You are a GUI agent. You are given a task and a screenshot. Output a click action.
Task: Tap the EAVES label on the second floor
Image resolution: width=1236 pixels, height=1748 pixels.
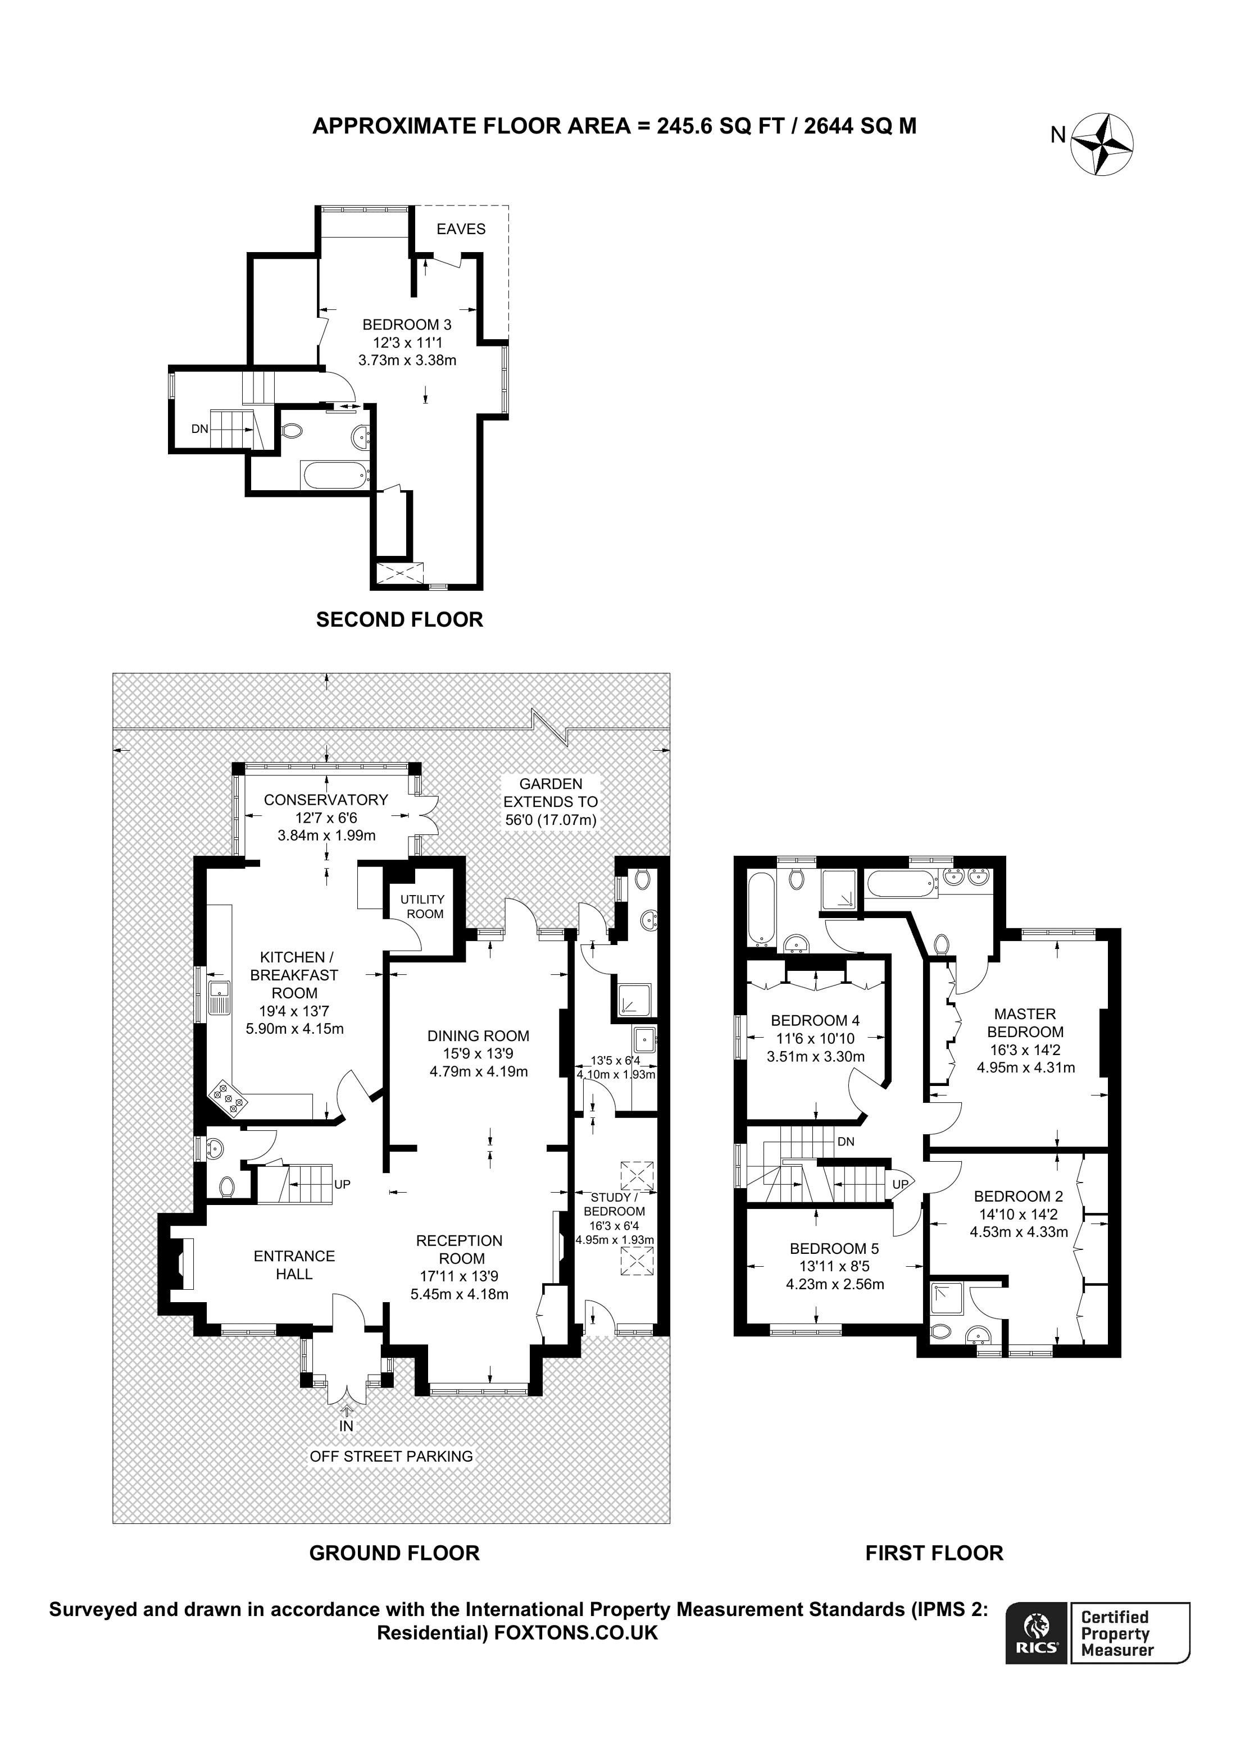(461, 229)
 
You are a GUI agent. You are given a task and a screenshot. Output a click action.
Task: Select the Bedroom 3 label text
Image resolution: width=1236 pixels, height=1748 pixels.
(407, 325)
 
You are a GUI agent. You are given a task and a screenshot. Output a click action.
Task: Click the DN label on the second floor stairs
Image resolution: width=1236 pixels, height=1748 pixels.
(199, 428)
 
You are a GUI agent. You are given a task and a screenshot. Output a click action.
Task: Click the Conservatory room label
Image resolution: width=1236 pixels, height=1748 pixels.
(326, 800)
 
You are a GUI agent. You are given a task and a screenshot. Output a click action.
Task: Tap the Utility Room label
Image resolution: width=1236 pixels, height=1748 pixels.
(422, 906)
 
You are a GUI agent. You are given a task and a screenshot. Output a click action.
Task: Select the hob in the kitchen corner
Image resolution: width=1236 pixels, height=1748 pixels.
(229, 1098)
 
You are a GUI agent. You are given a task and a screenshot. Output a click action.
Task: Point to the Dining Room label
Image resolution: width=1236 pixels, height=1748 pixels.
(478, 1035)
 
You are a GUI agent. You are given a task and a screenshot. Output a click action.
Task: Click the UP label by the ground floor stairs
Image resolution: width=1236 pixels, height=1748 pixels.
(342, 1185)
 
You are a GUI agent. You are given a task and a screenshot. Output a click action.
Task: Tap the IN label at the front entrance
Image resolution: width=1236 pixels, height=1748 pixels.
(347, 1426)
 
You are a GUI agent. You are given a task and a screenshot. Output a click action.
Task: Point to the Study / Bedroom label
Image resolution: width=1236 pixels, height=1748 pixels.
(614, 1204)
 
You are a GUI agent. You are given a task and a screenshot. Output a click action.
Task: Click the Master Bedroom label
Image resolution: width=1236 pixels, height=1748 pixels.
(1025, 1023)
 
